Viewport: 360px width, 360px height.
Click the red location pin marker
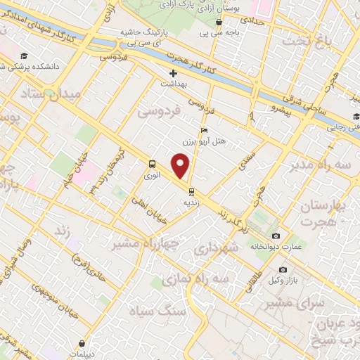(181, 166)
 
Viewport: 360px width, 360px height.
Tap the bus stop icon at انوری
(152, 165)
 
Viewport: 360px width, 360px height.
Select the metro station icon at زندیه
(191, 191)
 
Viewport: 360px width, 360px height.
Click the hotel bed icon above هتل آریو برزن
(204, 130)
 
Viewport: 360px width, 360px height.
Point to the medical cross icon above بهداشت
(173, 73)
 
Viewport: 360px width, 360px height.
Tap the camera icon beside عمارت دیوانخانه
(276, 236)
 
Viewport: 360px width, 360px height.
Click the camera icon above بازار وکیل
(283, 269)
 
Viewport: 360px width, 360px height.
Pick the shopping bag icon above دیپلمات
(83, 344)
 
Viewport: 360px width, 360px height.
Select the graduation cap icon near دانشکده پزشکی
(25, 56)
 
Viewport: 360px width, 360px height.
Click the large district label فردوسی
(159, 110)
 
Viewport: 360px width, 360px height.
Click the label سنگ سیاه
(159, 310)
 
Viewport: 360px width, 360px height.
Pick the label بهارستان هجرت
(324, 213)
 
